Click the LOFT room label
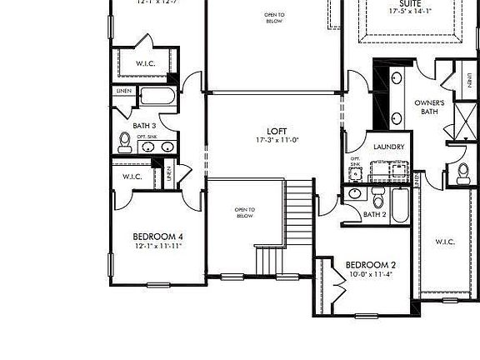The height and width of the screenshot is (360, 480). [277, 131]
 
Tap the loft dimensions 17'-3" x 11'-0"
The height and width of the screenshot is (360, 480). [277, 140]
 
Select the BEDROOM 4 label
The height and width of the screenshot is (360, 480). [158, 237]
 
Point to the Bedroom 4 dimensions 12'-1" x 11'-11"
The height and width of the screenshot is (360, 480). [158, 247]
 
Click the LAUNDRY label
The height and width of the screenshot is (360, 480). [389, 147]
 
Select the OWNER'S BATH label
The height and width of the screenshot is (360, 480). [430, 107]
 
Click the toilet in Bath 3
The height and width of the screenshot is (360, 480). [125, 143]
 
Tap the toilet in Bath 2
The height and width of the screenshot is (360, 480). [377, 199]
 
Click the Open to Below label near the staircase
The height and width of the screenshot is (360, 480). [244, 212]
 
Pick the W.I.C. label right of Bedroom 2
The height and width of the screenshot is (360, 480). [444, 242]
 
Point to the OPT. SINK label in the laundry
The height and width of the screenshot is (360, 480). [355, 162]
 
